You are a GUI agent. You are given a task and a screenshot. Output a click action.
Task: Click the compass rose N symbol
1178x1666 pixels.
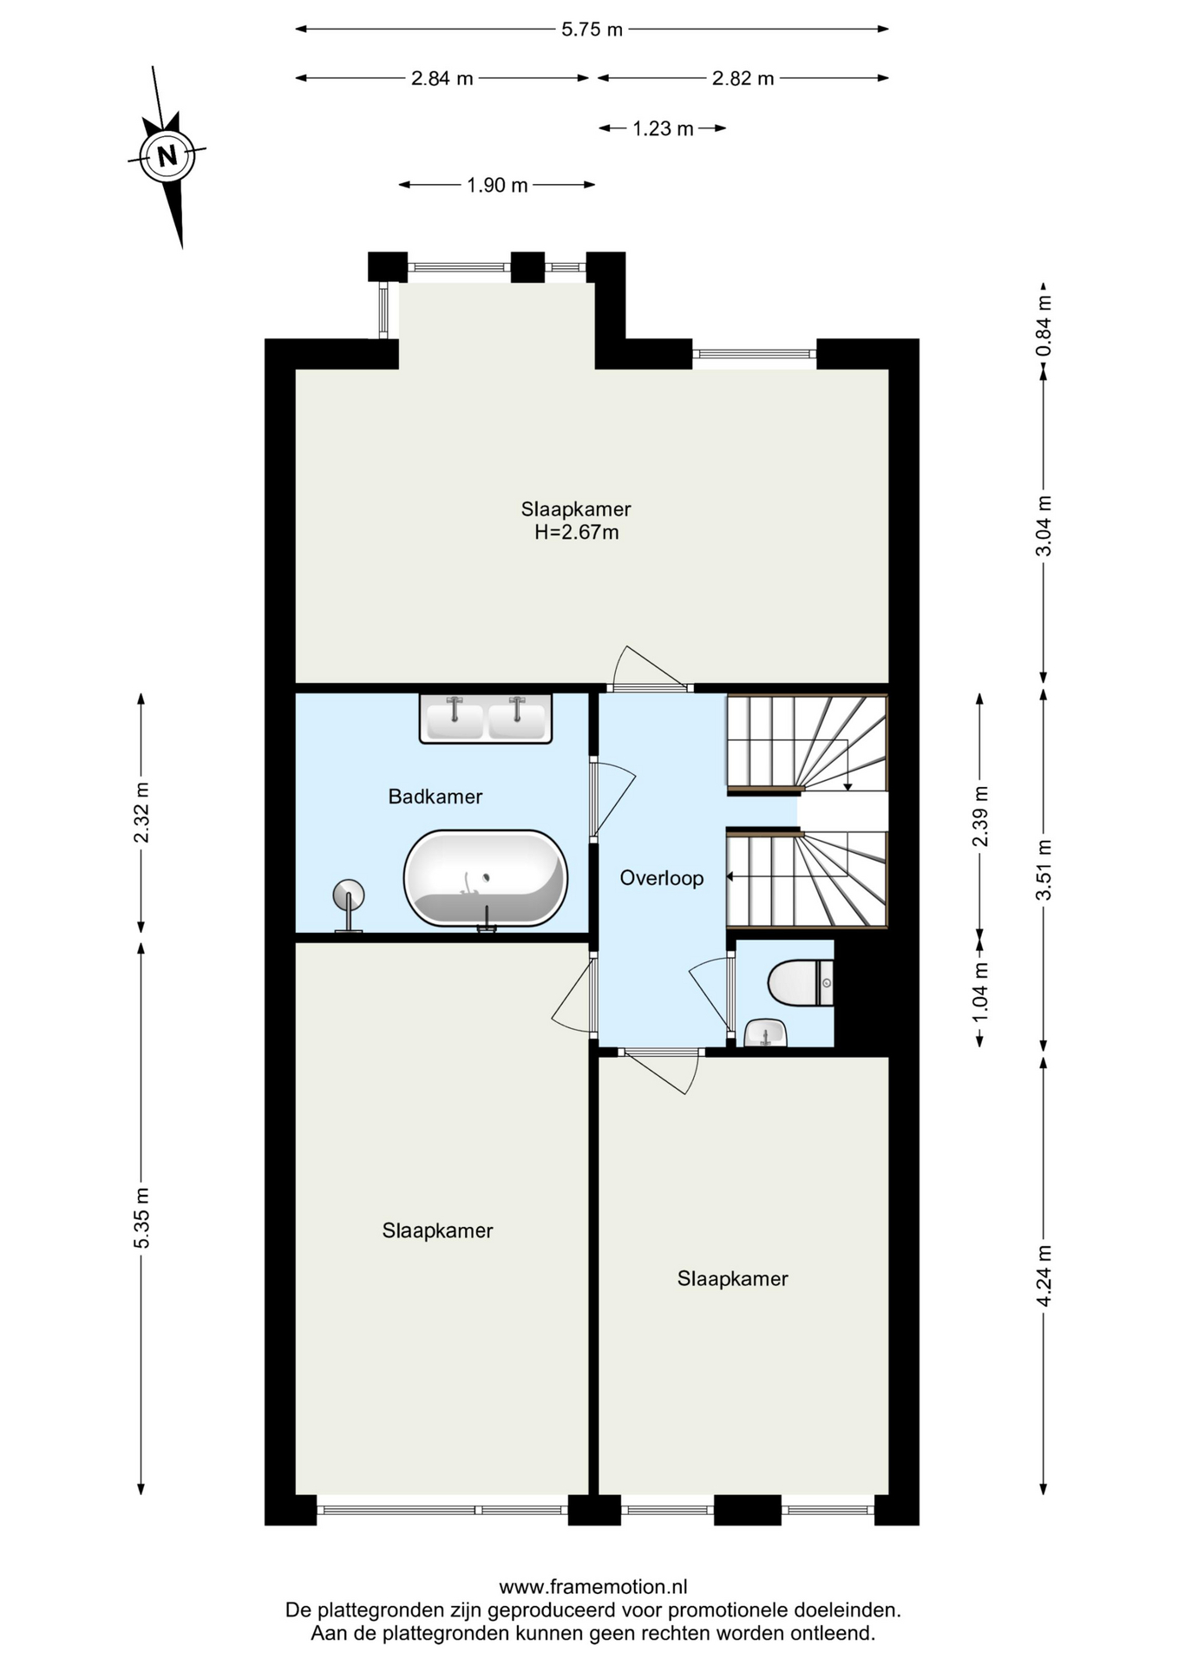(167, 156)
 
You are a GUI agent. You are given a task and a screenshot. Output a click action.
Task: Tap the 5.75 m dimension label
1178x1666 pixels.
(592, 30)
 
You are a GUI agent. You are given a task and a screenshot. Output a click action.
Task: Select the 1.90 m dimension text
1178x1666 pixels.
(497, 185)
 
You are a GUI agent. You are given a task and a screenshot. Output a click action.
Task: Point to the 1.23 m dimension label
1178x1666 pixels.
(663, 129)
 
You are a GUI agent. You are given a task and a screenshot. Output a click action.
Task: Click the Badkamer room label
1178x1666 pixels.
(435, 797)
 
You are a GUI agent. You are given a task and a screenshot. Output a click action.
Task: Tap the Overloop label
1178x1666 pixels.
(662, 878)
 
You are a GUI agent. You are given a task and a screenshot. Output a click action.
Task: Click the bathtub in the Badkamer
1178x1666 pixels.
(486, 878)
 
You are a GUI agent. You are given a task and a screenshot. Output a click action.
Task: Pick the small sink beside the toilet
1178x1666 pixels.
(766, 1033)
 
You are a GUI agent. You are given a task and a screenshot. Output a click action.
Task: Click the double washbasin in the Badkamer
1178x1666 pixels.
(486, 718)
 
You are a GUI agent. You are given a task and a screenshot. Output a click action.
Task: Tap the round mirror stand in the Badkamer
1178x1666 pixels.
(349, 906)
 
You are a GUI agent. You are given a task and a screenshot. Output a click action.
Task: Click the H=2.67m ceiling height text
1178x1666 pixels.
(577, 533)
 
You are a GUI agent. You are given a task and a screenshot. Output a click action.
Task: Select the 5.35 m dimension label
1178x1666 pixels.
(141, 1218)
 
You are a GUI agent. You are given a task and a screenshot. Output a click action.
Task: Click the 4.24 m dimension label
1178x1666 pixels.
(1044, 1276)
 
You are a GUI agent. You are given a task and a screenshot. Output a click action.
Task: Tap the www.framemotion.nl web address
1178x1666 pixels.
(593, 1587)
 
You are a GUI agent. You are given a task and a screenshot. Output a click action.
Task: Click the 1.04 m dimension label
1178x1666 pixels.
(980, 991)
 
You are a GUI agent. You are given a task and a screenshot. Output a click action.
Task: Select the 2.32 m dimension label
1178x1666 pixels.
(141, 812)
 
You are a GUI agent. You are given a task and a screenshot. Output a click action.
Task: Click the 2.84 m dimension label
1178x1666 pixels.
(442, 79)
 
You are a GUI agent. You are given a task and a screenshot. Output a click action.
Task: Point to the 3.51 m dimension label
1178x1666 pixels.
(1044, 870)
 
